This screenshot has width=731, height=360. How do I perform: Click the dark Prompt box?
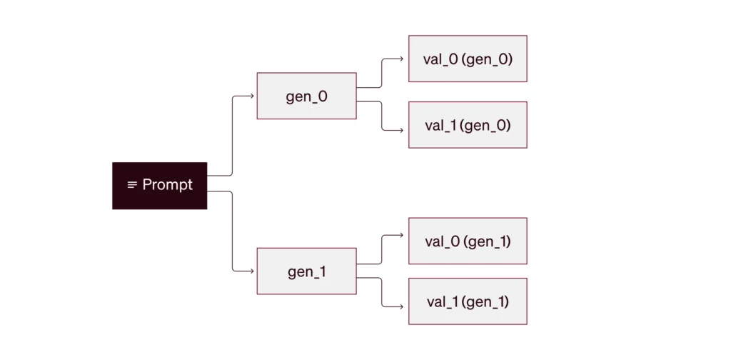[159, 186]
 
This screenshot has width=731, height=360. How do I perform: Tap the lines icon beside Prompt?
[132, 185]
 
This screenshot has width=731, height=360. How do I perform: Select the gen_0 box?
[307, 96]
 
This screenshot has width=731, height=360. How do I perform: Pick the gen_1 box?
[307, 271]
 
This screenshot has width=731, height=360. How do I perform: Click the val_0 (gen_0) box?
[468, 59]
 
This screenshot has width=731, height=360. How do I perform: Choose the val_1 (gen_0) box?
[468, 125]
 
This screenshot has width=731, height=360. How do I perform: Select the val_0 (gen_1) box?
[468, 241]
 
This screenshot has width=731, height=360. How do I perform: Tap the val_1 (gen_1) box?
[468, 301]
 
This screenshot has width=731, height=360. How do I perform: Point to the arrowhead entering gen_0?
[252, 96]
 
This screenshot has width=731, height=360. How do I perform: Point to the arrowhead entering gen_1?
[252, 271]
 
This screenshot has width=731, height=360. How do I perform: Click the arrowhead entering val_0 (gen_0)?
[401, 59]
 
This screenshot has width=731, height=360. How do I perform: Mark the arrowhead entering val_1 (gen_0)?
[401, 130]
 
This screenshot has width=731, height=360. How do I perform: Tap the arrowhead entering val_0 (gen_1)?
[401, 235]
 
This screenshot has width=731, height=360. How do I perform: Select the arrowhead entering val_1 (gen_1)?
[401, 307]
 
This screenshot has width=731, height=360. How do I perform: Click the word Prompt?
[167, 185]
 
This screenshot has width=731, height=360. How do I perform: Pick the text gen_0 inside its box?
[307, 97]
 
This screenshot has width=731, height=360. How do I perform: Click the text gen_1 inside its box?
[307, 272]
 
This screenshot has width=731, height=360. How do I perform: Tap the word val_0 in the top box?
[439, 60]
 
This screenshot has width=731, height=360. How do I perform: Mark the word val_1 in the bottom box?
[442, 302]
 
